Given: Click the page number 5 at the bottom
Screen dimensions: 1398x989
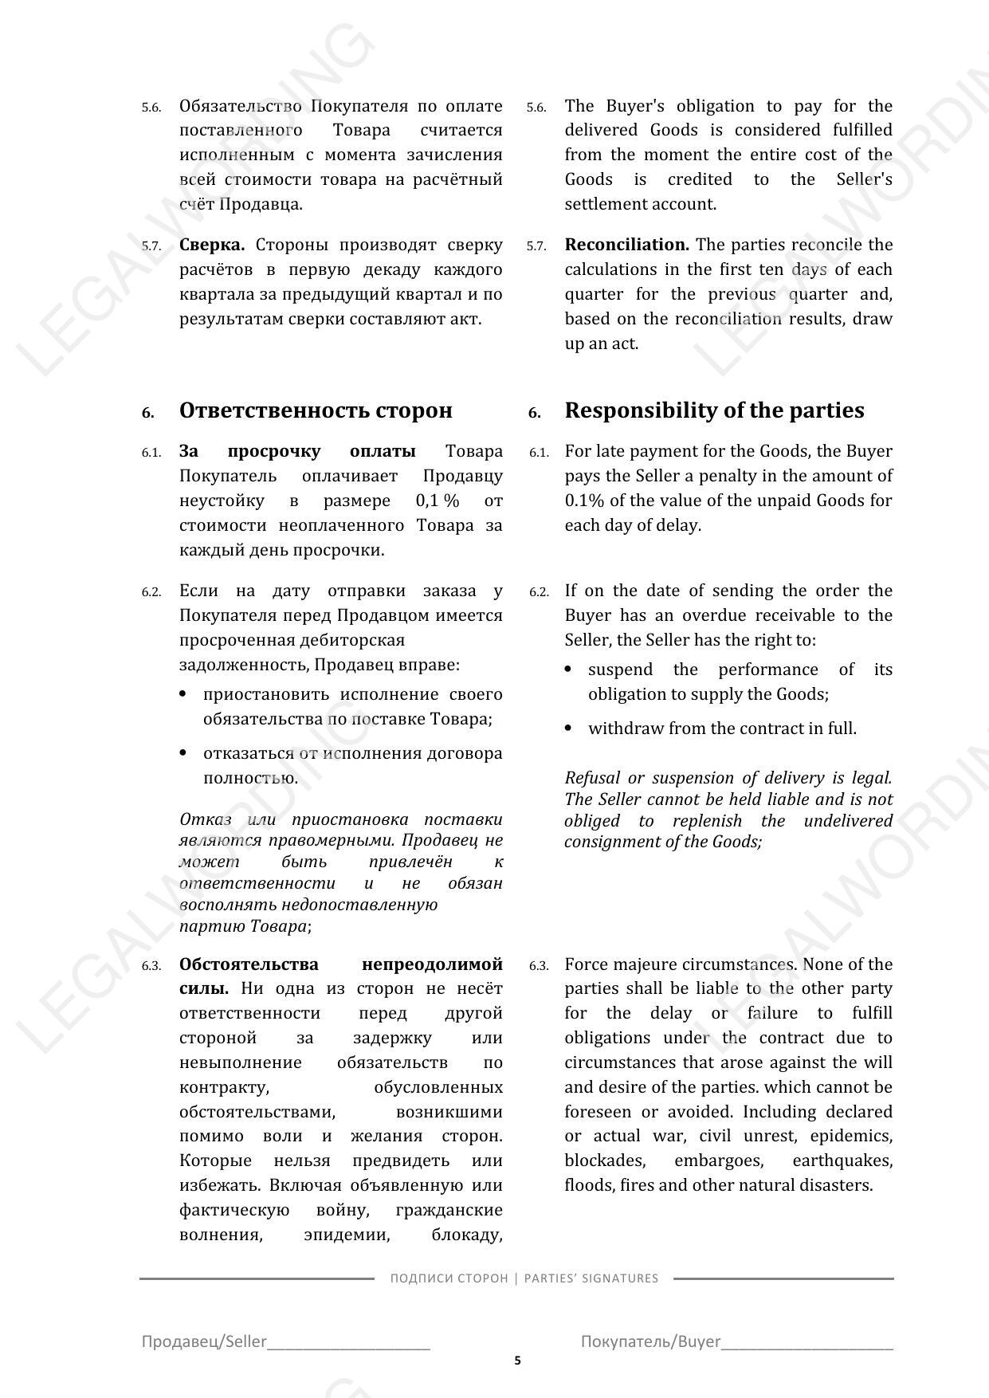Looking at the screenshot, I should [517, 1361].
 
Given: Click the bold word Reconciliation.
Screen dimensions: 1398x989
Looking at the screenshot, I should [626, 245].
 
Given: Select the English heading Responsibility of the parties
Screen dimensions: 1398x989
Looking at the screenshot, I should [714, 410].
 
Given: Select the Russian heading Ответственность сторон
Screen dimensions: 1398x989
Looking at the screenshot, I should [316, 410].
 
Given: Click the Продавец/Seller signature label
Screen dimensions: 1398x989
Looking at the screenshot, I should [204, 1341].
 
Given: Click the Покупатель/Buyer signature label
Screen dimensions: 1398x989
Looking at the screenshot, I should [650, 1341].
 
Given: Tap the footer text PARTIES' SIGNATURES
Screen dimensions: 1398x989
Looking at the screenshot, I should [591, 1278].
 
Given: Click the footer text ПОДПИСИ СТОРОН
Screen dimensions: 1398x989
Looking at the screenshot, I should [449, 1278].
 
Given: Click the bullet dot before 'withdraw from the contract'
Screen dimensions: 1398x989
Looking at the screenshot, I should [568, 728].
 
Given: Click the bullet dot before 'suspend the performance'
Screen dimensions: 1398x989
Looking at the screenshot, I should [568, 670].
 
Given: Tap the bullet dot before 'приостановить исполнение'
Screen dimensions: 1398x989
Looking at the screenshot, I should [183, 694].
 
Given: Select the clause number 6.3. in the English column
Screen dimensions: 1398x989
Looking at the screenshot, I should [539, 966].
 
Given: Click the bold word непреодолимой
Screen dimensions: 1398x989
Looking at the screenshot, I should [432, 964].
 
